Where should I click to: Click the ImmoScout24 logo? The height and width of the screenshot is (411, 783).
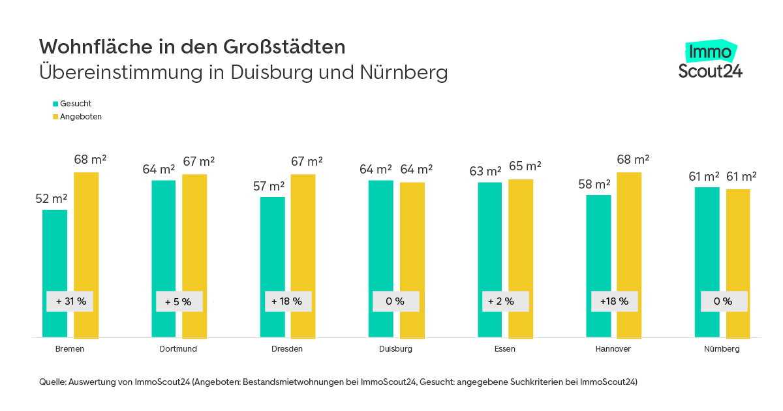click(x=710, y=61)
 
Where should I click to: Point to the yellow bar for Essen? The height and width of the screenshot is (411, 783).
click(x=521, y=248)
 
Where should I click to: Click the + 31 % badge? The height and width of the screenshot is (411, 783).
click(x=70, y=301)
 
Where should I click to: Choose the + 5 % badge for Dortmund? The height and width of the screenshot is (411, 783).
click(x=178, y=301)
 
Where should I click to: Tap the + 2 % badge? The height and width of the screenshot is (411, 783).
click(x=505, y=301)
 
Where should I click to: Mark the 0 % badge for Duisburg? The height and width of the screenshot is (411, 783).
click(x=395, y=301)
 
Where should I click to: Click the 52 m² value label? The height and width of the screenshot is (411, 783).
click(x=52, y=199)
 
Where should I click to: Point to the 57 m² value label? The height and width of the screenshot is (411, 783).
click(x=269, y=186)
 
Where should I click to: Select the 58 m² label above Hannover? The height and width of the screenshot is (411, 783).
click(x=594, y=184)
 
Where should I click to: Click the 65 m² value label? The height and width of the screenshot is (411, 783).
click(x=525, y=166)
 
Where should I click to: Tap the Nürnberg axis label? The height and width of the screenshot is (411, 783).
click(x=722, y=349)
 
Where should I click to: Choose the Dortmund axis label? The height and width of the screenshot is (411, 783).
click(x=178, y=349)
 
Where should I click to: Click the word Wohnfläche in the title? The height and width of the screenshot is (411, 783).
click(x=88, y=47)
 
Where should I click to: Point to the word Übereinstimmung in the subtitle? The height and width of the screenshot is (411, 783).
click(x=121, y=72)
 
